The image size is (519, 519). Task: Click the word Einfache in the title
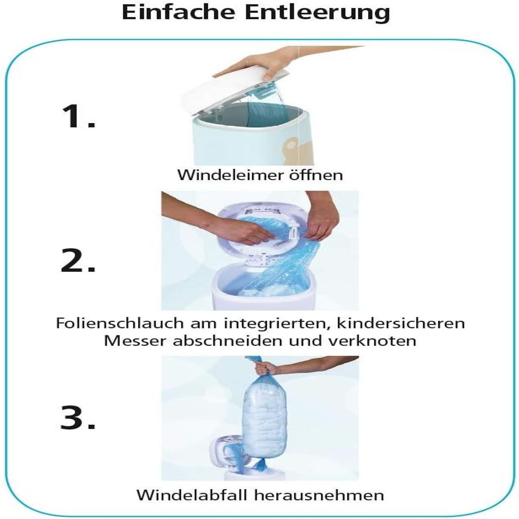pyautogui.click(x=178, y=12)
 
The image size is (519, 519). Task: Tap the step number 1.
pyautogui.click(x=79, y=116)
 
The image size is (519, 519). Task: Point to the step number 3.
pyautogui.click(x=78, y=417)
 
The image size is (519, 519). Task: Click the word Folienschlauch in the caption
pyautogui.click(x=119, y=323)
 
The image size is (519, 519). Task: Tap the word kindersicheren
pyautogui.click(x=401, y=323)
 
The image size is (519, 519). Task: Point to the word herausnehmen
pyautogui.click(x=319, y=496)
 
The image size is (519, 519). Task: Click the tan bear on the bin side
pyautogui.click(x=291, y=149)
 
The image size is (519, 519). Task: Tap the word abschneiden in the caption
pyautogui.click(x=227, y=341)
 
